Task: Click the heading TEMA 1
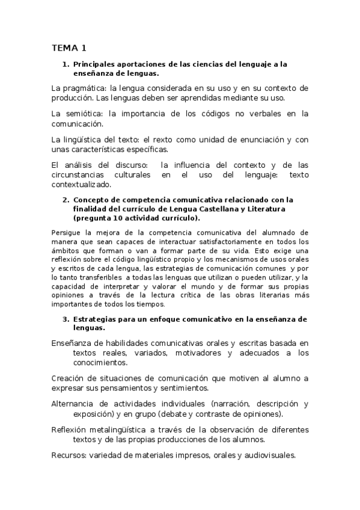[69, 48]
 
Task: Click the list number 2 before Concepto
[66, 200]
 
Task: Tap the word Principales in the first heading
[95, 63]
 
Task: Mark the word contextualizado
[81, 185]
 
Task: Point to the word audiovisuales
[268, 455]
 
